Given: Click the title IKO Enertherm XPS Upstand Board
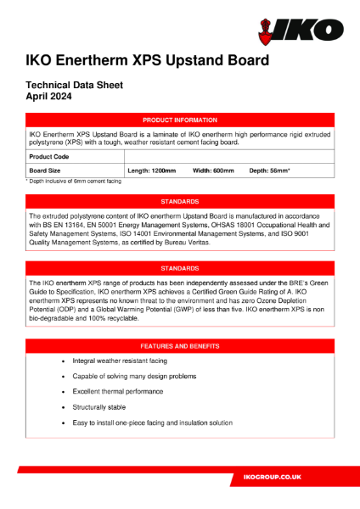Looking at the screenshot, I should pos(148,61).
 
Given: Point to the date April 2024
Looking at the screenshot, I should pos(48,97).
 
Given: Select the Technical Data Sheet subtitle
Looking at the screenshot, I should pos(75,85).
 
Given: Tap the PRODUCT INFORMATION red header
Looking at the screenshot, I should pos(179,120).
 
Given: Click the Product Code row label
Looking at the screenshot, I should pos(49,157).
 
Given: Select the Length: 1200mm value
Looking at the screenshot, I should pos(152,171).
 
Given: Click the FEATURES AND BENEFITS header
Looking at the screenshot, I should pos(179,346).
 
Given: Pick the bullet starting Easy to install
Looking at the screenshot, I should pos(159,422).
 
